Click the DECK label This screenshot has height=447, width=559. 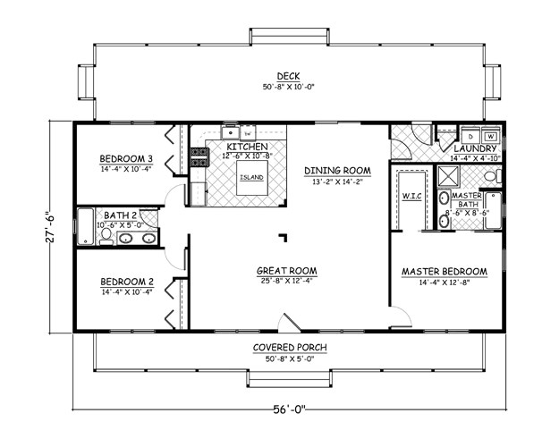287,76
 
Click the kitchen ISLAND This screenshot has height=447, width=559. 251,176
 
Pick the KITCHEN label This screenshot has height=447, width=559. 247,147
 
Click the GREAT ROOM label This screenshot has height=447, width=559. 288,272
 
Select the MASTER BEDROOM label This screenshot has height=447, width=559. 445,272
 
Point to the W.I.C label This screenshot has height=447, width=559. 412,197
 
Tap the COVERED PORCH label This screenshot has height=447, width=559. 288,347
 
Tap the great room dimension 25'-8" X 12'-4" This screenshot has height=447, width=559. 288,283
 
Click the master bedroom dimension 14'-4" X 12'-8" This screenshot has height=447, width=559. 445,283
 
